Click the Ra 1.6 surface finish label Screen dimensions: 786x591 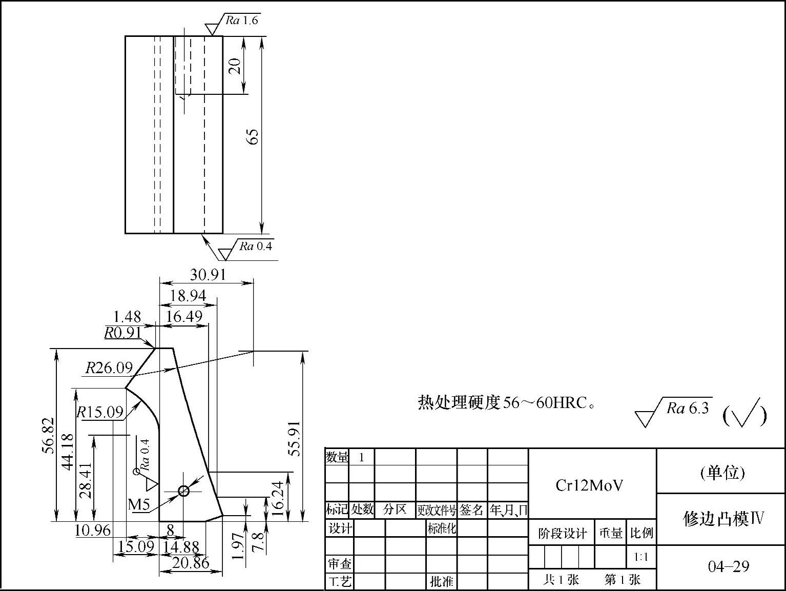pos(241,21)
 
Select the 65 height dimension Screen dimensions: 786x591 pos(253,136)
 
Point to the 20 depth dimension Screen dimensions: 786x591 pos(235,66)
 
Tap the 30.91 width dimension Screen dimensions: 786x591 pos(208,275)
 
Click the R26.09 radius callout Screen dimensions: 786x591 pos(109,368)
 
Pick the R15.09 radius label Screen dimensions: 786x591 pos(100,412)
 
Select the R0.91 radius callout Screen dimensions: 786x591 pos(122,333)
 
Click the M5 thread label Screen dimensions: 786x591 pos(139,504)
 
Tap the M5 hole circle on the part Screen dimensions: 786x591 pos(183,491)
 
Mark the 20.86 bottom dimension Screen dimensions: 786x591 pos(191,563)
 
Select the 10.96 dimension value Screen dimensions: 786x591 pos(92,530)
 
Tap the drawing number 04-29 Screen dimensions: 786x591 pos(728,566)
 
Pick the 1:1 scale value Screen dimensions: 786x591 pos(641,557)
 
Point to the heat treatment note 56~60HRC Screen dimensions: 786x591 pos(507,403)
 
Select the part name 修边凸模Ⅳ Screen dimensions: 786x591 pos(723,519)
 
